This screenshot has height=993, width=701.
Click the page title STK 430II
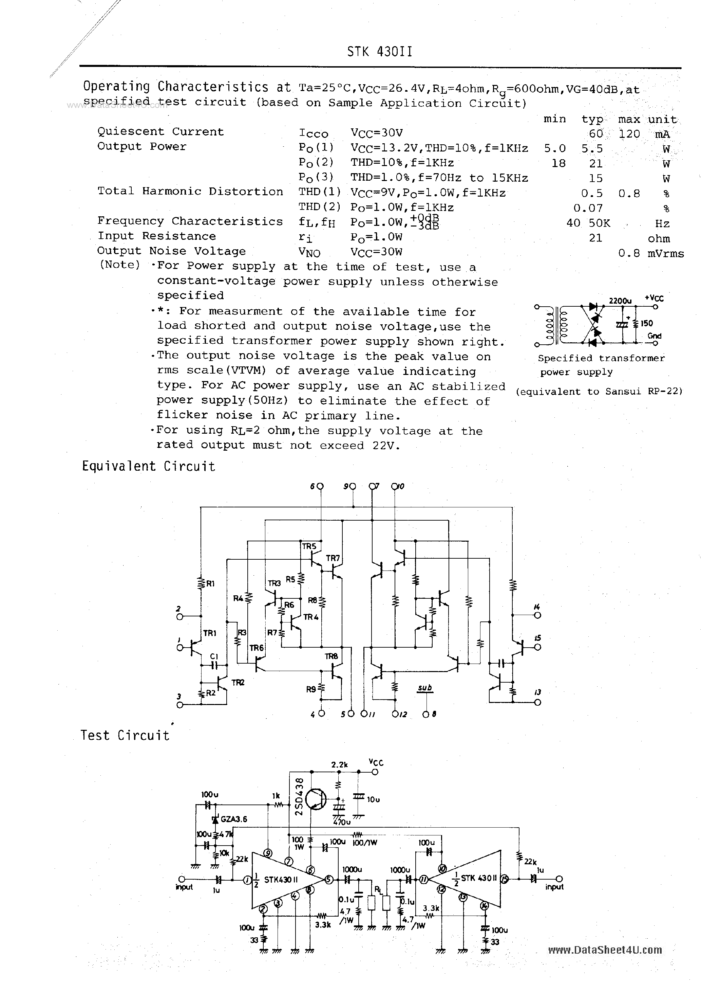tap(379, 52)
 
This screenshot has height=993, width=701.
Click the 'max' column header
tap(629, 119)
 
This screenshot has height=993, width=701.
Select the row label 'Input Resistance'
tap(156, 236)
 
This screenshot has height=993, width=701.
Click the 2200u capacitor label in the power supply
tap(620, 301)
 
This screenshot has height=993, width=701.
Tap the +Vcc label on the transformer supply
tap(654, 298)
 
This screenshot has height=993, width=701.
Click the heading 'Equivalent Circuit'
tap(148, 466)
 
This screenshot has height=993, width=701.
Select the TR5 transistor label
tap(309, 546)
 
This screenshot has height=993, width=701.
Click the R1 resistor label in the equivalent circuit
tap(210, 583)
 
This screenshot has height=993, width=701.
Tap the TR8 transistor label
tap(331, 656)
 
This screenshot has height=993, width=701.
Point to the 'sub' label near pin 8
tap(425, 688)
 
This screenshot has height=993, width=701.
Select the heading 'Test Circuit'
tap(125, 736)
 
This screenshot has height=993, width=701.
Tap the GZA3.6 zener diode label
tap(233, 819)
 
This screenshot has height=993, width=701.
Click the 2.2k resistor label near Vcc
tap(339, 765)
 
